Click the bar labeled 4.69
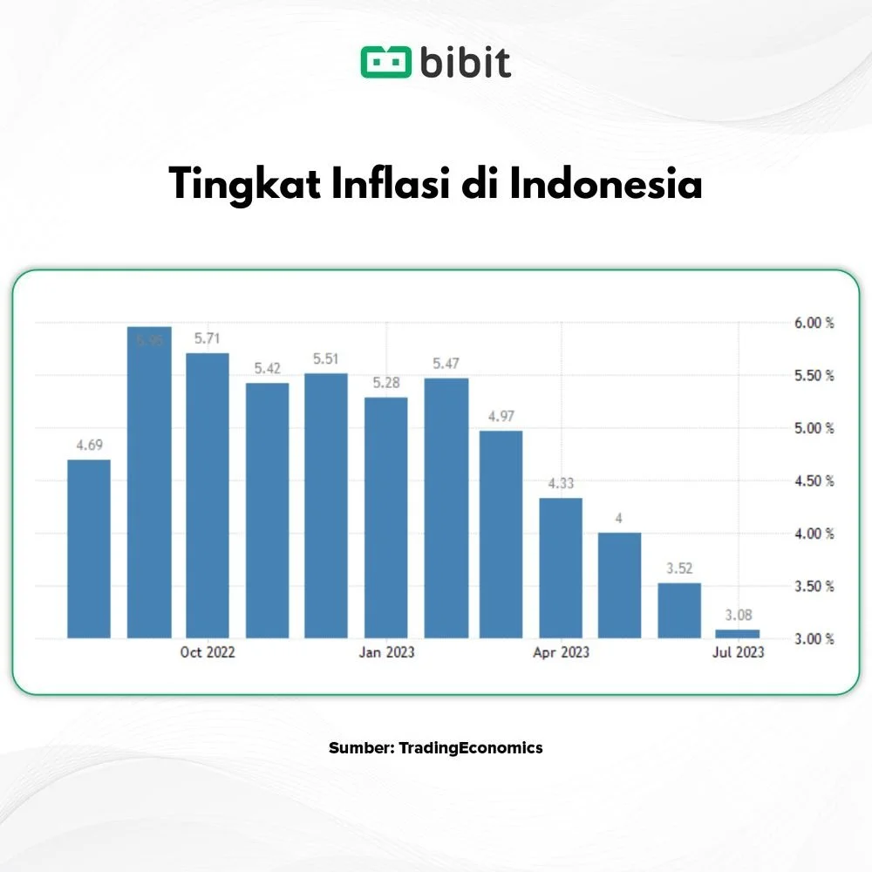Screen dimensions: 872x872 point(89,548)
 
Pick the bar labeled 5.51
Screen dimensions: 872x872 point(326,506)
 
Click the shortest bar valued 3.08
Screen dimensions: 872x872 point(738,634)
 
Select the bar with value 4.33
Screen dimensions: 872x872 point(561,568)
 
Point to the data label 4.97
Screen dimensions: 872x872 point(501,416)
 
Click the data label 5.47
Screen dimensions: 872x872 point(446,363)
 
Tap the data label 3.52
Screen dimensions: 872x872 point(679,568)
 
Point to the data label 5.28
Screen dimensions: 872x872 point(385,383)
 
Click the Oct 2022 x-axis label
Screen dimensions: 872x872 point(208,652)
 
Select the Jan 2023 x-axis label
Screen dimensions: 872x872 point(385,652)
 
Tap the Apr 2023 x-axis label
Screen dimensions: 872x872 point(561,652)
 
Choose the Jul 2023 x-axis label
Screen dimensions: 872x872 point(738,652)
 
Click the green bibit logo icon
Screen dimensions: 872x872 point(385,63)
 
